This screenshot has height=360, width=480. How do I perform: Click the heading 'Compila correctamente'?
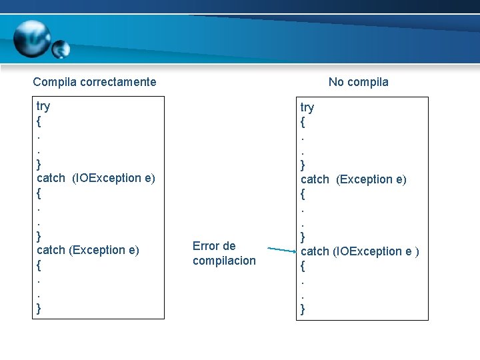click(95, 82)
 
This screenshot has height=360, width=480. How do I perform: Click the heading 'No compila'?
click(358, 82)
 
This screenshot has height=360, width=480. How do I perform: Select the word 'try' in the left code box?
click(43, 106)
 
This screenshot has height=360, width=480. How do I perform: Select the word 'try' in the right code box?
click(307, 107)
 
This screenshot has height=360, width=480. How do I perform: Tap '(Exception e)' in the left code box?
click(103, 250)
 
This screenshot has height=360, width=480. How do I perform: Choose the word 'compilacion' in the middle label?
click(224, 261)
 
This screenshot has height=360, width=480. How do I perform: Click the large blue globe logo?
click(31, 39)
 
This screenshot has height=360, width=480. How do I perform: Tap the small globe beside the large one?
click(61, 49)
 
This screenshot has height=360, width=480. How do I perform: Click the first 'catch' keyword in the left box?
click(51, 178)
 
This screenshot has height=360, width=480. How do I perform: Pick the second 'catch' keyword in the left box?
click(51, 250)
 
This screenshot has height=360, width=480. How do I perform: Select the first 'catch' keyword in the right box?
click(315, 179)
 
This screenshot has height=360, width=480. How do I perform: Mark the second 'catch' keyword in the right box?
click(315, 251)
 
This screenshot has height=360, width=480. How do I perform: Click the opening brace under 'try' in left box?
click(39, 122)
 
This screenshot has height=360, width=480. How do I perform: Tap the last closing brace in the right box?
click(303, 309)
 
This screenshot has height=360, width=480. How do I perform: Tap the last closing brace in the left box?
click(39, 308)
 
